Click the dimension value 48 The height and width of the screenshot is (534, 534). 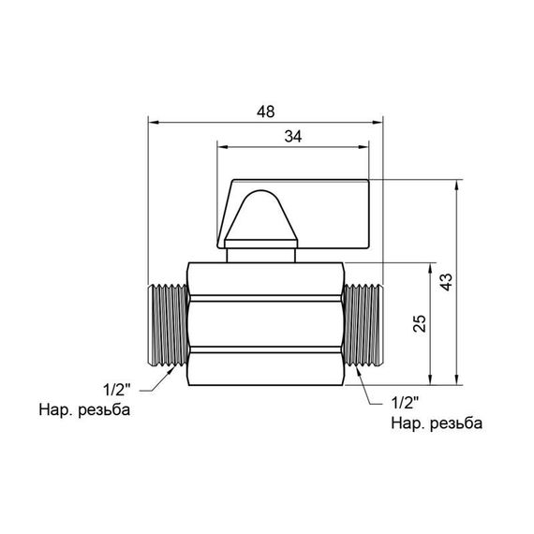266,111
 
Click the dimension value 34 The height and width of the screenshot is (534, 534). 292,136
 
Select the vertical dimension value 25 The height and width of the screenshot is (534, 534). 420,323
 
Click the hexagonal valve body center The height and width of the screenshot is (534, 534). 266,323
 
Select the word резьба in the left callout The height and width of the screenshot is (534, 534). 103,409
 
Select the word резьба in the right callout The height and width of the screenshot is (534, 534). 454,423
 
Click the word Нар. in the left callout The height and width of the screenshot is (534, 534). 54,409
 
